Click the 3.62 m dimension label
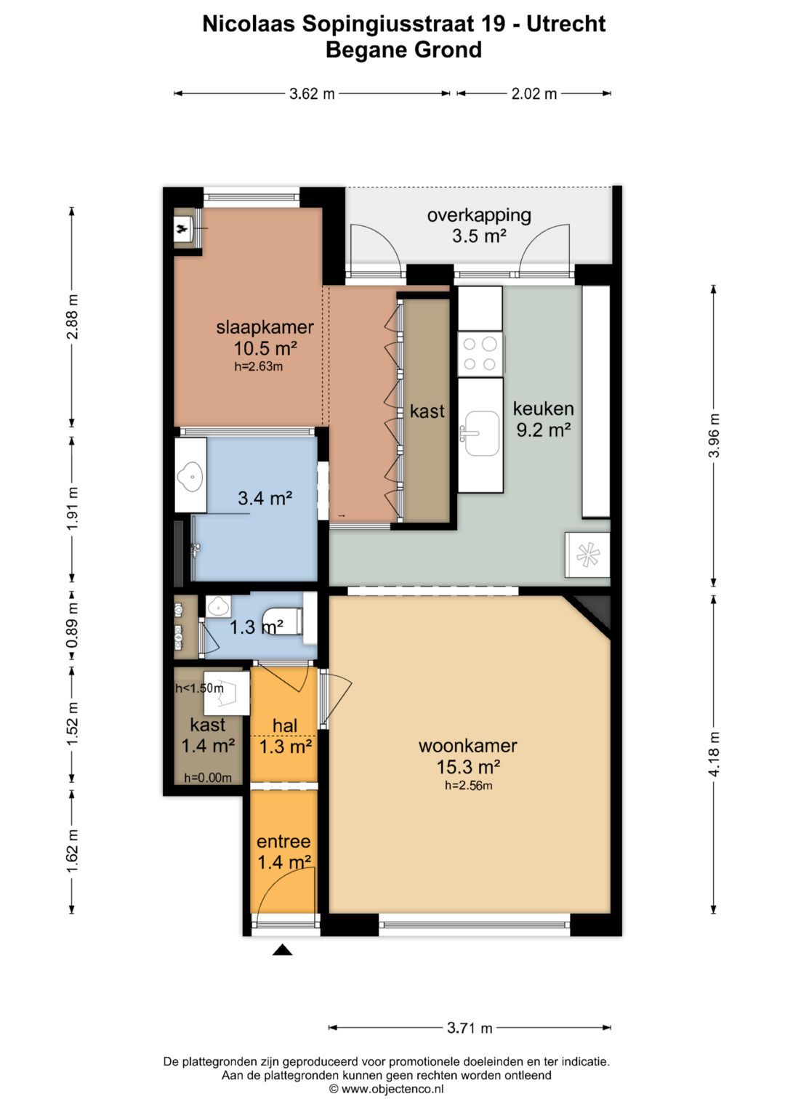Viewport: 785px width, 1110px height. (312, 94)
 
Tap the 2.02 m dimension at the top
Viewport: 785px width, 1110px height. (534, 94)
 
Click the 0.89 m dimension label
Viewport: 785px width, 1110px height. (73, 626)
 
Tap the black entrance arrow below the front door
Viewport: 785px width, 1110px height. (281, 949)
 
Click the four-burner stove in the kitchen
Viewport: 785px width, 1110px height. (480, 354)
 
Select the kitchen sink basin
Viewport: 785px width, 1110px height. (481, 433)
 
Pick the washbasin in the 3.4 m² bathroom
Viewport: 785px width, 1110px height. (190, 475)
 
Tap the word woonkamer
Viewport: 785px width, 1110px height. (468, 746)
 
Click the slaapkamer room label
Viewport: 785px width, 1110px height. (265, 327)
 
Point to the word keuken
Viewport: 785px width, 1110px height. (543, 409)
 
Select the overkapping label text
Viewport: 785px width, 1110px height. (479, 216)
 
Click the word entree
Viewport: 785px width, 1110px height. (283, 841)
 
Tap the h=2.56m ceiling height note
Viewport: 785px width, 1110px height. (468, 785)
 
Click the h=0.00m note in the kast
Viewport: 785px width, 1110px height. (208, 778)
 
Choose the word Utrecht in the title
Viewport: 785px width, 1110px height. (565, 23)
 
